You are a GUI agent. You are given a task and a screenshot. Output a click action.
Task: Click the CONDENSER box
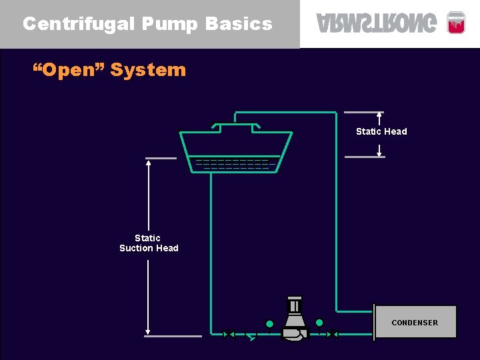[x=415, y=322]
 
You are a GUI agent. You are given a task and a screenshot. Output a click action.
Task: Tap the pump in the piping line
[x=293, y=320]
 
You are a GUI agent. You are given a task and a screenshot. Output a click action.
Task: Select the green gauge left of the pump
[x=269, y=324]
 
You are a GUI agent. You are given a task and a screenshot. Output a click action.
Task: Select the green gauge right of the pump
[x=319, y=323]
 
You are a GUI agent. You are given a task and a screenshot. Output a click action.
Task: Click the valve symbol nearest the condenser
[x=333, y=334]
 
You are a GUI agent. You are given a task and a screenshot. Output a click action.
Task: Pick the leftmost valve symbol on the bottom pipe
[x=228, y=334]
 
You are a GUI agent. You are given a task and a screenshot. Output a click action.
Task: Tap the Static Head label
[x=381, y=131]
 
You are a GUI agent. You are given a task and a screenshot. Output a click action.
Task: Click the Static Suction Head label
[x=149, y=243]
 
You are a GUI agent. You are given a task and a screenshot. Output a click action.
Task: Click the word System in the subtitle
[x=148, y=69]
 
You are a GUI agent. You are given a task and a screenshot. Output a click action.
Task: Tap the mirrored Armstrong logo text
[x=377, y=23]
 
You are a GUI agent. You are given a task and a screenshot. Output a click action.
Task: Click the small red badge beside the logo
[x=455, y=22]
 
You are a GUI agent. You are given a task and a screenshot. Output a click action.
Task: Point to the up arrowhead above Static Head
[x=379, y=115]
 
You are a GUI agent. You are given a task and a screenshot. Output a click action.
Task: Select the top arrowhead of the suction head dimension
[x=148, y=163]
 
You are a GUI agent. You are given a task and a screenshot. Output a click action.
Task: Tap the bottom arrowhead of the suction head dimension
[x=148, y=331]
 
